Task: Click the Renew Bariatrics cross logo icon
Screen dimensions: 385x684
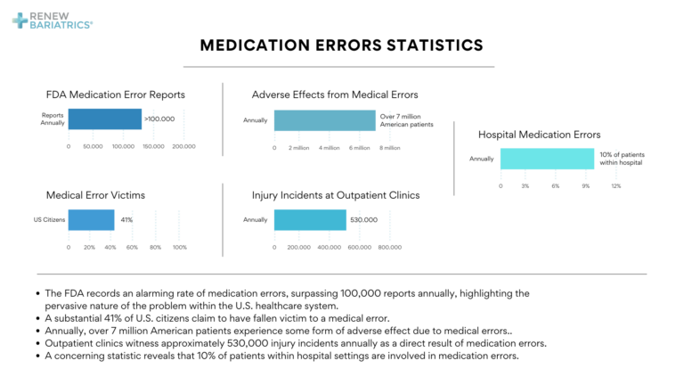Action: tap(20, 20)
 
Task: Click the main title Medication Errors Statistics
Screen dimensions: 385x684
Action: tap(341, 45)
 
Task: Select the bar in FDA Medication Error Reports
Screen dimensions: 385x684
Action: tap(105, 119)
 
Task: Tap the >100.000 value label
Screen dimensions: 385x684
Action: tap(159, 119)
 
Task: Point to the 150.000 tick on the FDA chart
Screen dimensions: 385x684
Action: tap(152, 146)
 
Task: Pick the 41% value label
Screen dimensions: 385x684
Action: tap(126, 219)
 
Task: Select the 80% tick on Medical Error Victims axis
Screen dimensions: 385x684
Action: tap(155, 247)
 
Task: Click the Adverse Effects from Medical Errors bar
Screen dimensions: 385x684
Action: tap(324, 120)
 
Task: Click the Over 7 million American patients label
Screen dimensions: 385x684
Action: tap(406, 120)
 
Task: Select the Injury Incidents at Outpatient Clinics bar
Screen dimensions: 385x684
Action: tap(310, 219)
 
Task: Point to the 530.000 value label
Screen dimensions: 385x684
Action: tap(363, 219)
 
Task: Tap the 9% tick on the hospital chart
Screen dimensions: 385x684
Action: tap(586, 185)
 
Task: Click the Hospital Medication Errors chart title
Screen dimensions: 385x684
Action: tap(539, 134)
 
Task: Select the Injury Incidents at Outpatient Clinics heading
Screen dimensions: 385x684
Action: tap(336, 194)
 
